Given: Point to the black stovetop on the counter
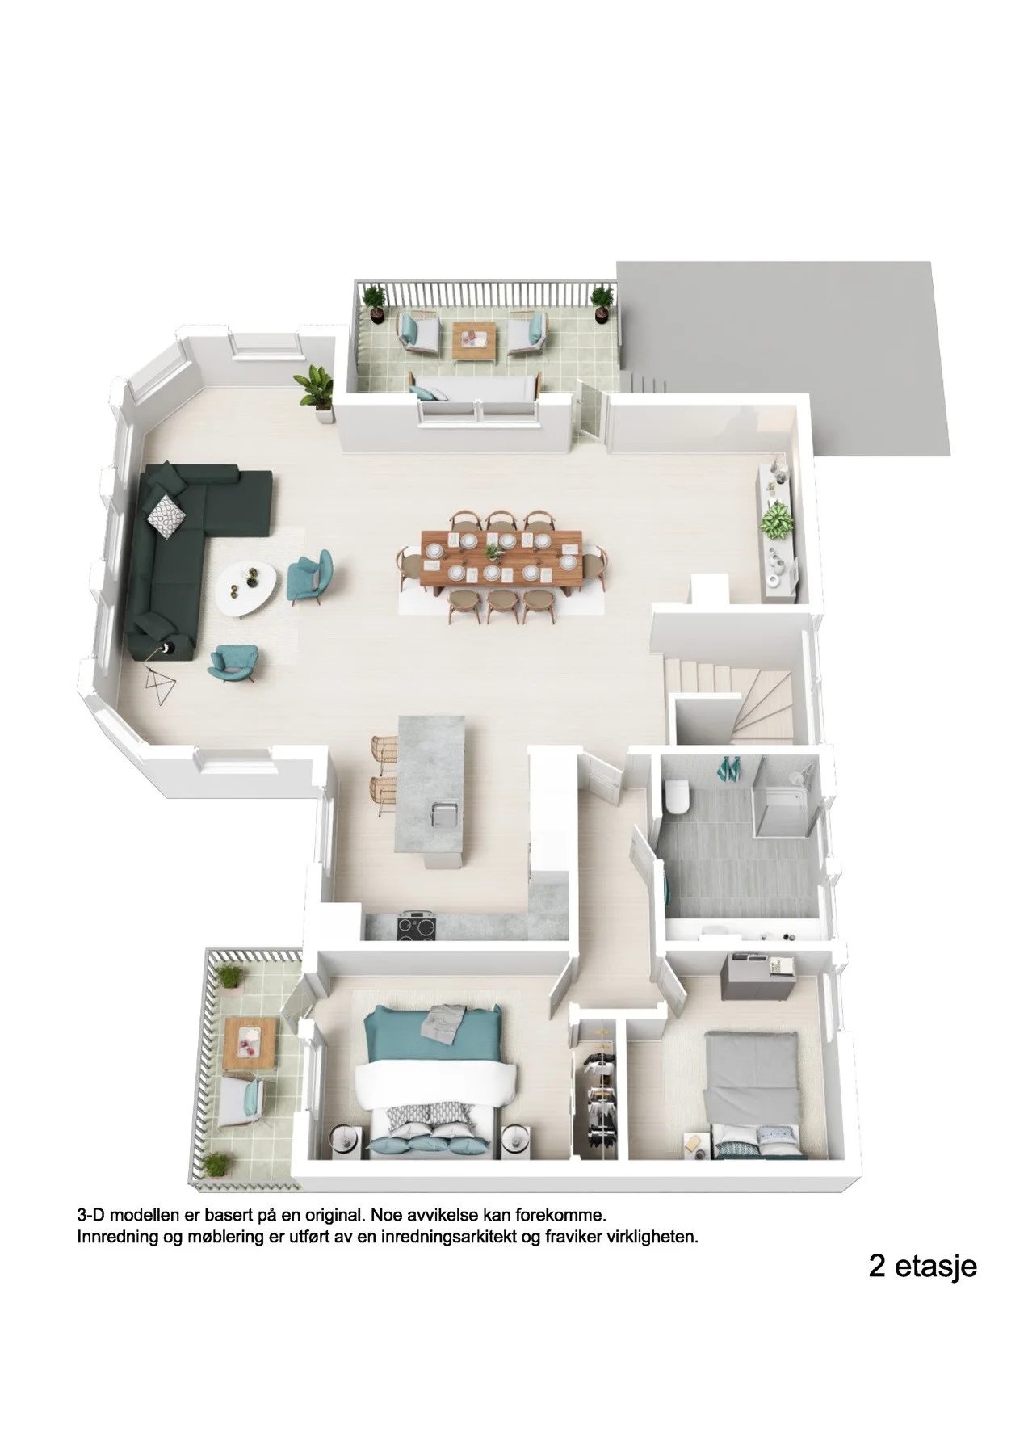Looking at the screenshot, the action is point(419,926).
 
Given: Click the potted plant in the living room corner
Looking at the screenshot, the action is point(318,393).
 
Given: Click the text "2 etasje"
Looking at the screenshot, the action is point(922,1266).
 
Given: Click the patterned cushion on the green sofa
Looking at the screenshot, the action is point(165,516).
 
